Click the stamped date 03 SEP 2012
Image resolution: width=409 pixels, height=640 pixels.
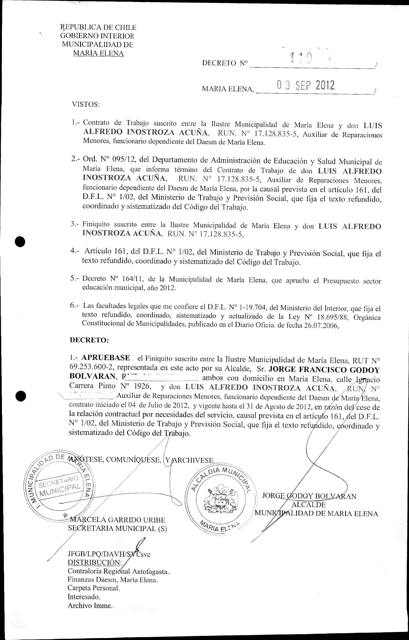[306, 85]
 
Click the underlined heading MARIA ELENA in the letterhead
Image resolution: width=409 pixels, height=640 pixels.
[98, 53]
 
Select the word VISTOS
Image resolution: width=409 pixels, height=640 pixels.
[86, 104]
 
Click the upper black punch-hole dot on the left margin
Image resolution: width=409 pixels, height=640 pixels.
[20, 242]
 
